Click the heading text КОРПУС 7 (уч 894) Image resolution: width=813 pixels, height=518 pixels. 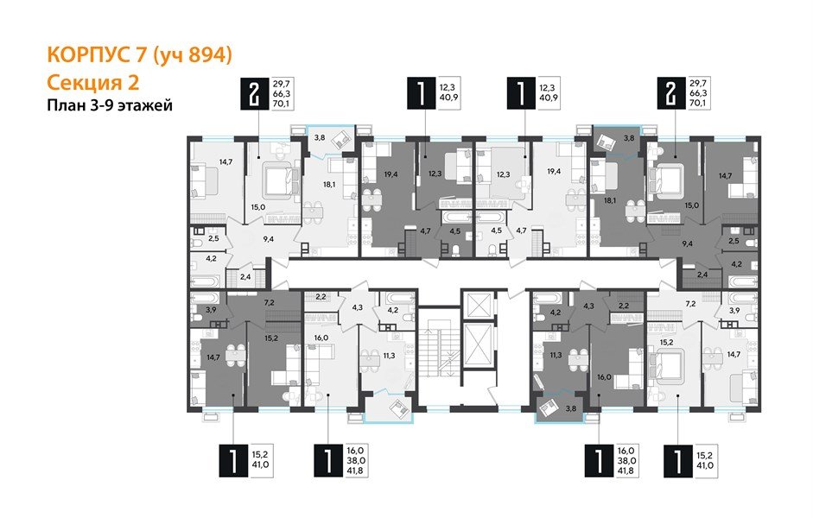[x=138, y=56]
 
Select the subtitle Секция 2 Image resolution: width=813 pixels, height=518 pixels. [x=92, y=82]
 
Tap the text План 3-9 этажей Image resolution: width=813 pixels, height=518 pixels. [x=109, y=106]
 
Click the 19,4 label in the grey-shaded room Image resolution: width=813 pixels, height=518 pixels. [x=390, y=174]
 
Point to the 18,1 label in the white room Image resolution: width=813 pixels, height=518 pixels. [x=328, y=183]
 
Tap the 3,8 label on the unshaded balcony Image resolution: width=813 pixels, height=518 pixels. [x=318, y=136]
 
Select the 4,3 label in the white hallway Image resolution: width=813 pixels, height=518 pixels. [x=357, y=305]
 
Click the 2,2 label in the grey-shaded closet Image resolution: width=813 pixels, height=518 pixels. [x=623, y=305]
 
